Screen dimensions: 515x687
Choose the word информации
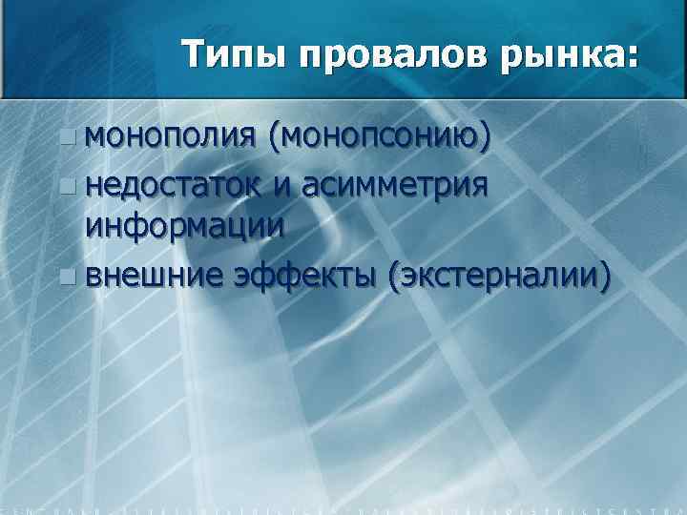(x=184, y=227)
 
